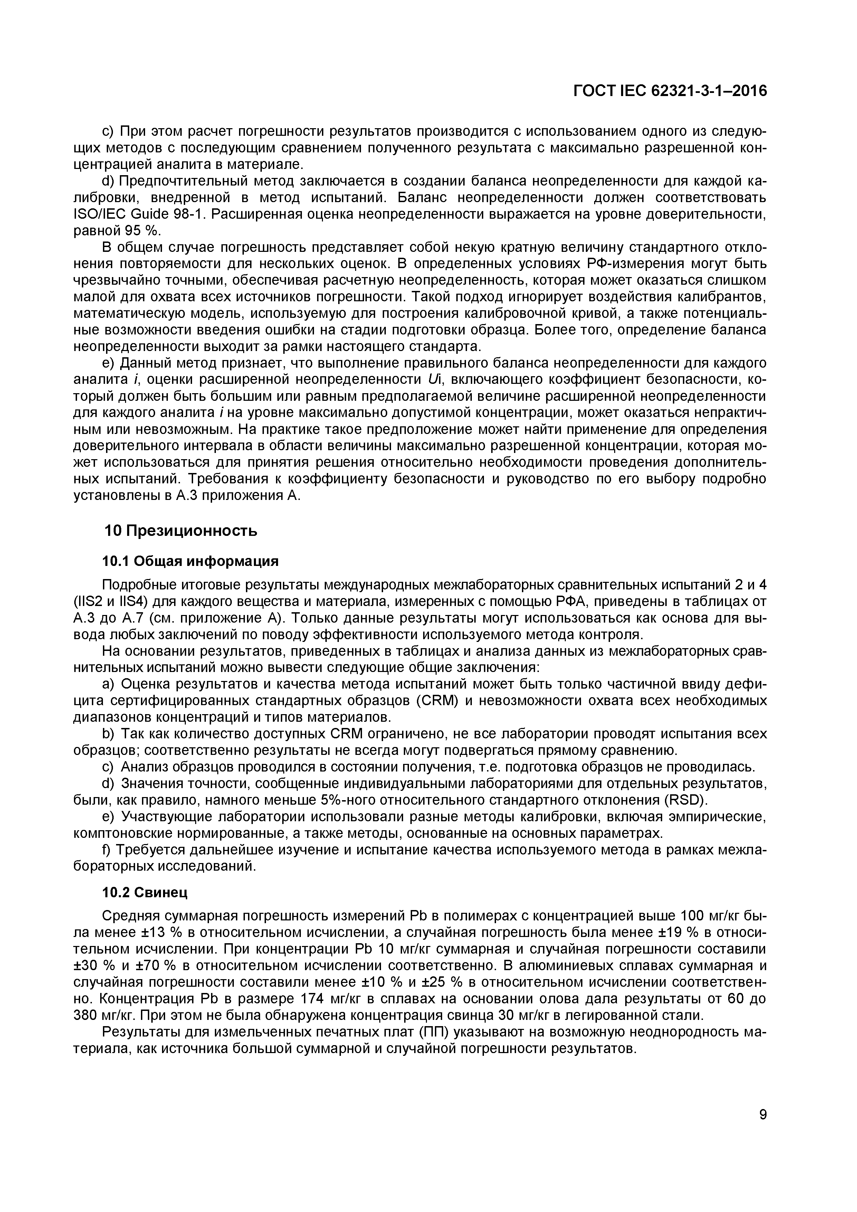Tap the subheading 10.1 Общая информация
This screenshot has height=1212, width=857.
190,561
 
